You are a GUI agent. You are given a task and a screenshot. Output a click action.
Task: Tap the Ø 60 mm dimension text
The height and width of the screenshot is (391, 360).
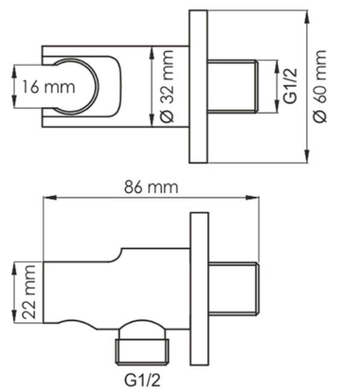click(x=321, y=86)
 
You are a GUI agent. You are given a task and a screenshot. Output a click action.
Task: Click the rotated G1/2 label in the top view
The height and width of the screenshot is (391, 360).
click(x=291, y=85)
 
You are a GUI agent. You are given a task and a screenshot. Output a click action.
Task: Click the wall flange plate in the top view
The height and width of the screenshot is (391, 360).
click(x=198, y=87)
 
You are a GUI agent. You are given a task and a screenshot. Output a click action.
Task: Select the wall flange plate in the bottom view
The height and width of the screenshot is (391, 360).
click(x=199, y=289)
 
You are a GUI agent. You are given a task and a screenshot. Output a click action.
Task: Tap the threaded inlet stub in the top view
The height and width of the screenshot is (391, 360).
click(x=233, y=86)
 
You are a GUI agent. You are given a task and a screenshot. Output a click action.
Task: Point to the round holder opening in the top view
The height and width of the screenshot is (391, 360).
click(x=75, y=86)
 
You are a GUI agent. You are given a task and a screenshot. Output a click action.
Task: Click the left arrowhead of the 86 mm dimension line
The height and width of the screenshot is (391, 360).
click(x=46, y=197)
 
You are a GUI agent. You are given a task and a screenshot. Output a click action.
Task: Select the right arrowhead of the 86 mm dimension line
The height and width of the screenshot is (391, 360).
click(x=258, y=197)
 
